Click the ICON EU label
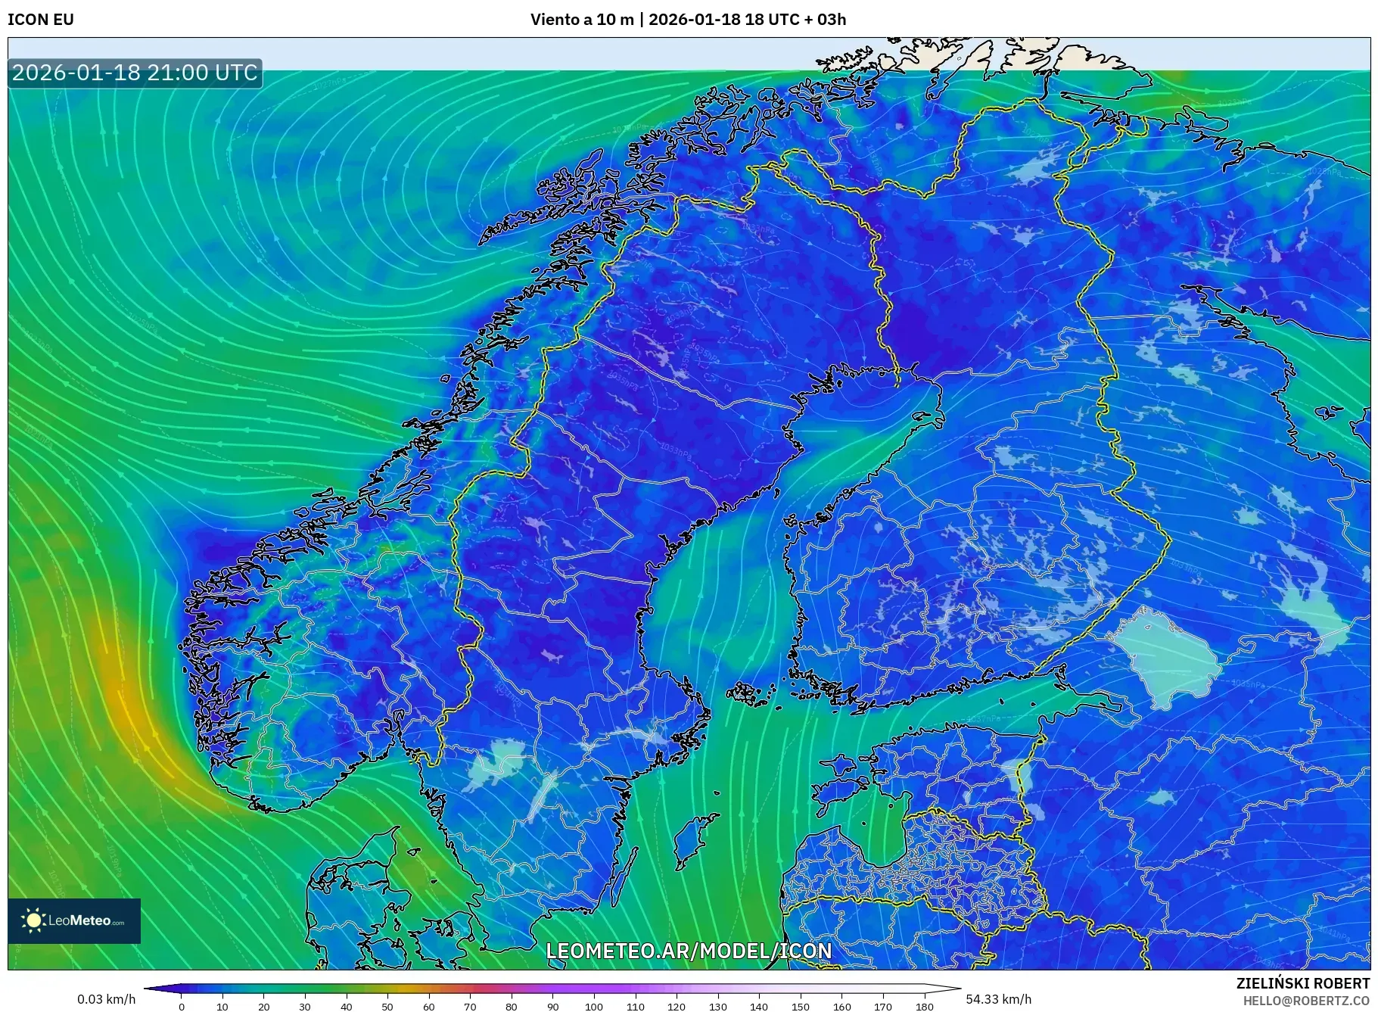coord(41,20)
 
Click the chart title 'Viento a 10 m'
coord(581,20)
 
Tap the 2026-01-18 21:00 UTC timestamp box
coord(135,73)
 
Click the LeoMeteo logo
coord(74,920)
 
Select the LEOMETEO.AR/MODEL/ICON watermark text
coord(689,951)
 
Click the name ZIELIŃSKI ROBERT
coord(1302,983)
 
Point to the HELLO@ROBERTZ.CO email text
coord(1306,1001)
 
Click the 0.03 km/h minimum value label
coord(106,999)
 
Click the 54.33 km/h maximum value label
coord(998,999)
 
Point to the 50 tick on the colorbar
coord(387,1006)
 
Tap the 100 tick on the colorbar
coord(594,1006)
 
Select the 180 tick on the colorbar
coord(924,1006)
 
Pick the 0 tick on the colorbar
coord(182,1006)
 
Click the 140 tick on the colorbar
coord(759,1006)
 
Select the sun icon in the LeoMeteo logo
coord(33,920)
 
